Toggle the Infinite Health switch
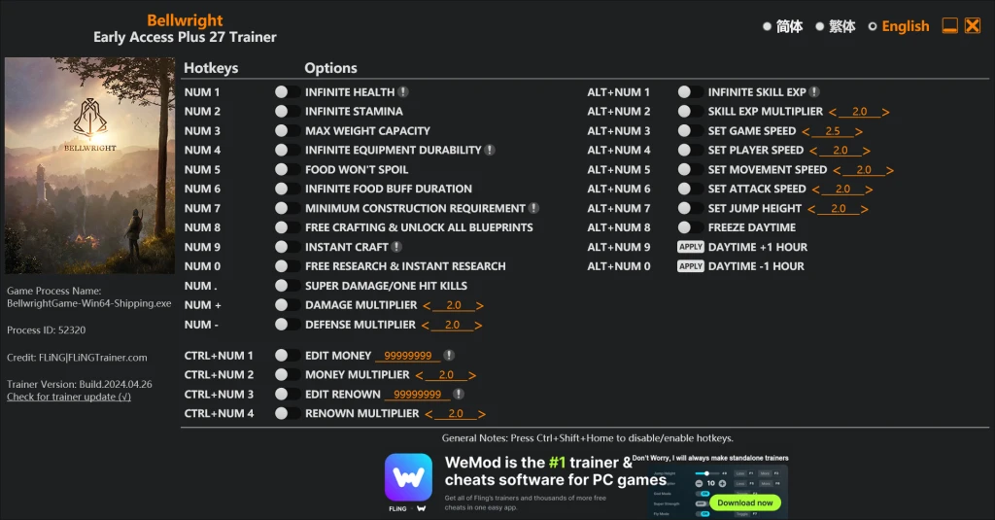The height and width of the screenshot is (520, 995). coord(287,92)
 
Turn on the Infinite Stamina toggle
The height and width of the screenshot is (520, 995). coord(287,112)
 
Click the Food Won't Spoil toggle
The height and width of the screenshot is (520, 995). coord(287,170)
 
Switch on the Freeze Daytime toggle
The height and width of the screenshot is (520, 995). coord(690,228)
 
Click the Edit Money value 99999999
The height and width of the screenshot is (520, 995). coord(407,356)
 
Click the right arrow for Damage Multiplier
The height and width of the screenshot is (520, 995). coord(480,306)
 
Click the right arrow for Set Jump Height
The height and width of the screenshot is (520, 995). coord(864,209)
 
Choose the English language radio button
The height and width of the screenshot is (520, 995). coord(873,26)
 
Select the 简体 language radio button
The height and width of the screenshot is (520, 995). coord(768,26)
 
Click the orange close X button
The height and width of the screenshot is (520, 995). coord(972,25)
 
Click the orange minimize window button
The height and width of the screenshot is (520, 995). coord(950,25)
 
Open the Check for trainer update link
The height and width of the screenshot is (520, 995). coord(69,397)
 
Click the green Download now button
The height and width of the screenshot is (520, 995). coord(745,503)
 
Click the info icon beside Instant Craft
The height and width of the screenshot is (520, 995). coord(396,247)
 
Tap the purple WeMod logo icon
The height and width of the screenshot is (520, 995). coord(408,477)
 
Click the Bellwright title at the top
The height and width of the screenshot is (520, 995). coord(185,20)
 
